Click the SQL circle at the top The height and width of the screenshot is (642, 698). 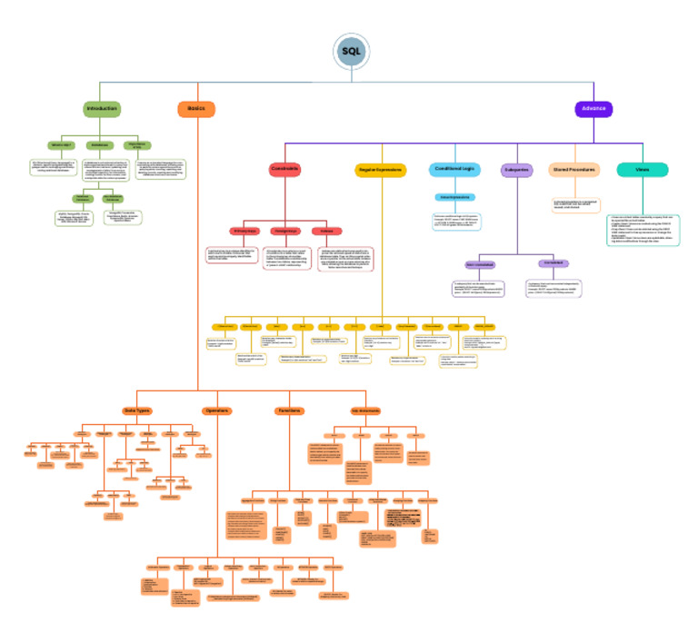coord(351,52)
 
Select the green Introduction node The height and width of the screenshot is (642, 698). coord(102,109)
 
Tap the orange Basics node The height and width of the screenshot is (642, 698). coord(196,109)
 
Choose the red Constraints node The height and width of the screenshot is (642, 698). coord(284,169)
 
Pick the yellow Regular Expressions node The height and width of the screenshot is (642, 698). coord(380,170)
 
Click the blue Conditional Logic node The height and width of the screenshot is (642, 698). coord(454,169)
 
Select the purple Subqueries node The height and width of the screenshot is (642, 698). coord(516,170)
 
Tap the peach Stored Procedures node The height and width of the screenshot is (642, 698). coord(574,170)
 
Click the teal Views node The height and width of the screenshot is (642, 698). coord(642,170)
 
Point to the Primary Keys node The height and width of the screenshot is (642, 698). coord(245,231)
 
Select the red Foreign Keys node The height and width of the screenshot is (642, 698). coord(286,231)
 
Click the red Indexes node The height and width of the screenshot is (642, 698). coord(325,231)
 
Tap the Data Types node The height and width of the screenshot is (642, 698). coord(136,411)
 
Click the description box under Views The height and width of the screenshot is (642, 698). coord(643,229)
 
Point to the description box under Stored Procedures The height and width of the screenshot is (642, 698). coord(574,205)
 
